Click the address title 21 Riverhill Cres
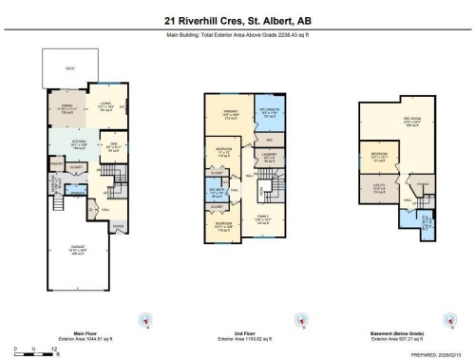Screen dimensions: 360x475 pos(237,19)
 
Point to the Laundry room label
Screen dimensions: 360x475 pos(270,158)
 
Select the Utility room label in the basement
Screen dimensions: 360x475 pos(378,188)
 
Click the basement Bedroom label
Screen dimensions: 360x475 pos(378,156)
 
